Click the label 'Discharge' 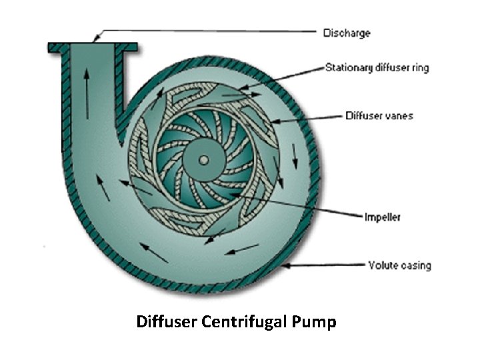pos(347,33)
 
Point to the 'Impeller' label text pos(382,217)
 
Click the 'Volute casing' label pos(399,265)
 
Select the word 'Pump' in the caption pos(314,323)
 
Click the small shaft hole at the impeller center pos(203,159)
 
